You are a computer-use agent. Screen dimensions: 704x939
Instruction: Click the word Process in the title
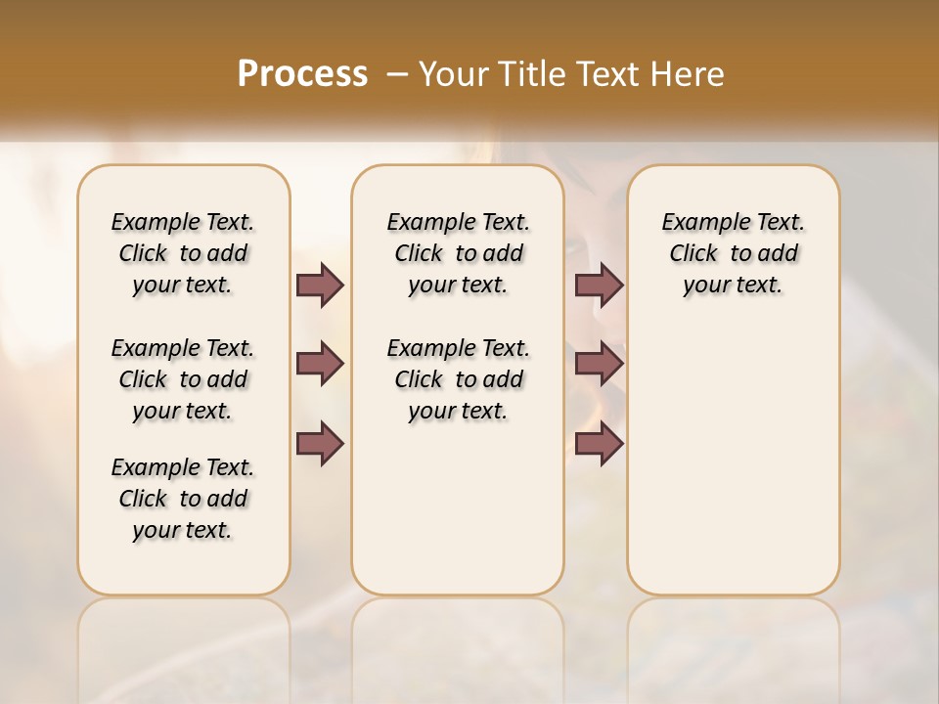pos(302,73)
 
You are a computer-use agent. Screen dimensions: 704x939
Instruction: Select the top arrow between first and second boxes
pos(320,285)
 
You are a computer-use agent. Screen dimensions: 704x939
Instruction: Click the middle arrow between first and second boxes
pos(320,364)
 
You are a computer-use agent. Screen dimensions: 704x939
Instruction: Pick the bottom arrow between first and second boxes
pos(320,443)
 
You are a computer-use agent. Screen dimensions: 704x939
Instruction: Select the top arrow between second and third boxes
pos(599,285)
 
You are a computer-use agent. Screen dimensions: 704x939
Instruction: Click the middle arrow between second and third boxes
pos(599,364)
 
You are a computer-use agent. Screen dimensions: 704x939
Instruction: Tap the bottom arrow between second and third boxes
pos(599,443)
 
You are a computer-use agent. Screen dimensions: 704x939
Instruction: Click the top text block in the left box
pos(183,253)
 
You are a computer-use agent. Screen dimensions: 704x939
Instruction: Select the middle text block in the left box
pos(183,379)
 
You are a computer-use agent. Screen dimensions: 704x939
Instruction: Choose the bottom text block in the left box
pos(183,499)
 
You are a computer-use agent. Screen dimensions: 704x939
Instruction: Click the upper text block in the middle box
pos(458,253)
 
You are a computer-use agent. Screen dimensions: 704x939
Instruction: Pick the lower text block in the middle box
pos(458,379)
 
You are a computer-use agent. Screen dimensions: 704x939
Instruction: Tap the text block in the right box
pos(734,253)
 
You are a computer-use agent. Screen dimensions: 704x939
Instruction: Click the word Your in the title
pos(453,73)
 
